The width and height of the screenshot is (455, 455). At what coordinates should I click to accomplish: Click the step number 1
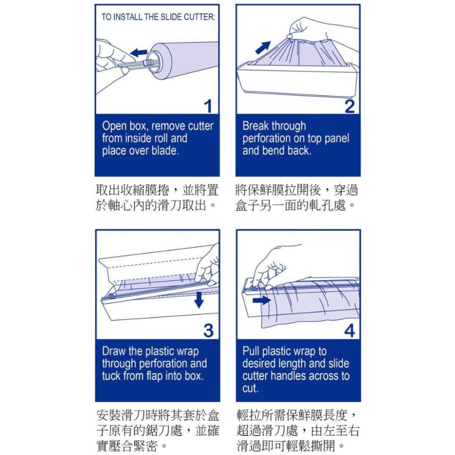point(207,106)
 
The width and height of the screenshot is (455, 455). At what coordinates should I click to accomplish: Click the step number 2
point(349,106)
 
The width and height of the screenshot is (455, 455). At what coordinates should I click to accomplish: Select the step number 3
point(208,331)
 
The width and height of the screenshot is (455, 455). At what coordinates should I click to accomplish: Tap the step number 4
point(349,331)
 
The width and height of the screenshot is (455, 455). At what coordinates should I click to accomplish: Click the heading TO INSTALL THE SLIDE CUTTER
point(158,17)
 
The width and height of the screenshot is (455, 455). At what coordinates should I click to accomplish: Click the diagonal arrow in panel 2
point(263,47)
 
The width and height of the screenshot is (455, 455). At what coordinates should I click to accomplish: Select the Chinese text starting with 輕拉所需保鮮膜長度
point(298,430)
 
